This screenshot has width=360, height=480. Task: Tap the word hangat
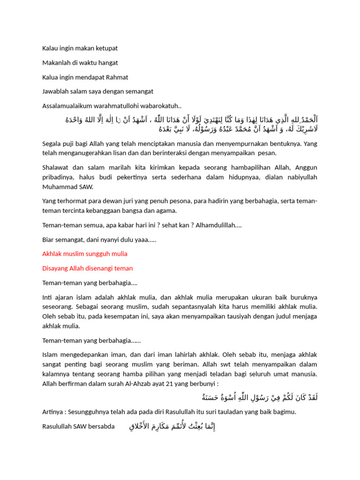[x=106, y=62]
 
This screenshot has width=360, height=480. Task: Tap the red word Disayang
[x=55, y=268]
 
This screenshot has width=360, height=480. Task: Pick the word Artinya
[x=52, y=412]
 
